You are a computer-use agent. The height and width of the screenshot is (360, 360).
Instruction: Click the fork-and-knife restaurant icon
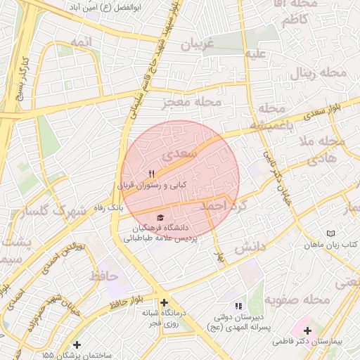point(151,174)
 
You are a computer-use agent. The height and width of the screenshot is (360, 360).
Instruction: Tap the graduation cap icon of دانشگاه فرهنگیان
point(160,218)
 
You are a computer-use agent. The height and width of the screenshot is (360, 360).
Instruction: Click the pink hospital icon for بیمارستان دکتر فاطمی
point(307,330)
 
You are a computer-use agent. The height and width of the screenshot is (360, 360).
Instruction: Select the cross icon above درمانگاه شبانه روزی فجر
point(164,302)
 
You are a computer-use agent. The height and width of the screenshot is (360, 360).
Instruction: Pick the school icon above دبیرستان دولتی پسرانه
point(238,306)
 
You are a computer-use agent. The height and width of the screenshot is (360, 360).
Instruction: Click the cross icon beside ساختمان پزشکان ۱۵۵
point(77,345)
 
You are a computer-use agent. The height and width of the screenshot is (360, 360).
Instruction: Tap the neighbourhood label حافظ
point(105,276)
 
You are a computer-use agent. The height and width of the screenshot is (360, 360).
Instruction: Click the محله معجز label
point(192,103)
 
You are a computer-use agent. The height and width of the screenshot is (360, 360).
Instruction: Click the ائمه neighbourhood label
point(81,43)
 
